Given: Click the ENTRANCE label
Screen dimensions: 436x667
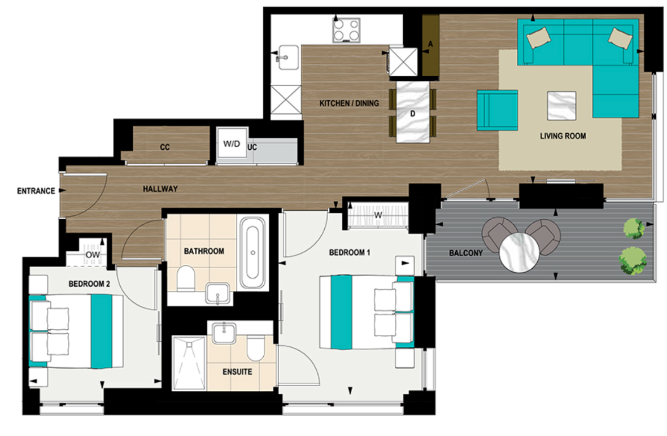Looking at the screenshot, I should pyautogui.click(x=36, y=191).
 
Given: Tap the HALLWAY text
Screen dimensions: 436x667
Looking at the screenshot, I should pyautogui.click(x=160, y=189).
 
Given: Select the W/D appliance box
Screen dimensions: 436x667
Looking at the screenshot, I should pyautogui.click(x=230, y=145).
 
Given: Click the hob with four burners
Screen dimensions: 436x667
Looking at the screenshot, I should pyautogui.click(x=346, y=29).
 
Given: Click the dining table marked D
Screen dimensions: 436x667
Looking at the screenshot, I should pyautogui.click(x=413, y=113).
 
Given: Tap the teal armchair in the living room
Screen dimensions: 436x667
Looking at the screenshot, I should pyautogui.click(x=497, y=110).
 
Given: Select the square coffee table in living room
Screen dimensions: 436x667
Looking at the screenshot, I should pyautogui.click(x=562, y=105).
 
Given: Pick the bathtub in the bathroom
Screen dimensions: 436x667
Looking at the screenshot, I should pyautogui.click(x=251, y=252).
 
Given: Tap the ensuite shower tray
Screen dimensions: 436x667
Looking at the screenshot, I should pyautogui.click(x=189, y=363).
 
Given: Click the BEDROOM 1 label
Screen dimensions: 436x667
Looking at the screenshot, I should pyautogui.click(x=350, y=252).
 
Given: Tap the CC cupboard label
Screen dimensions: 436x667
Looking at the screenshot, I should pyautogui.click(x=165, y=147).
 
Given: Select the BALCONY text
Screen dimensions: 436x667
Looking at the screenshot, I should pyautogui.click(x=467, y=253).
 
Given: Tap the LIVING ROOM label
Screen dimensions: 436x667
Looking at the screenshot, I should pyautogui.click(x=563, y=136).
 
